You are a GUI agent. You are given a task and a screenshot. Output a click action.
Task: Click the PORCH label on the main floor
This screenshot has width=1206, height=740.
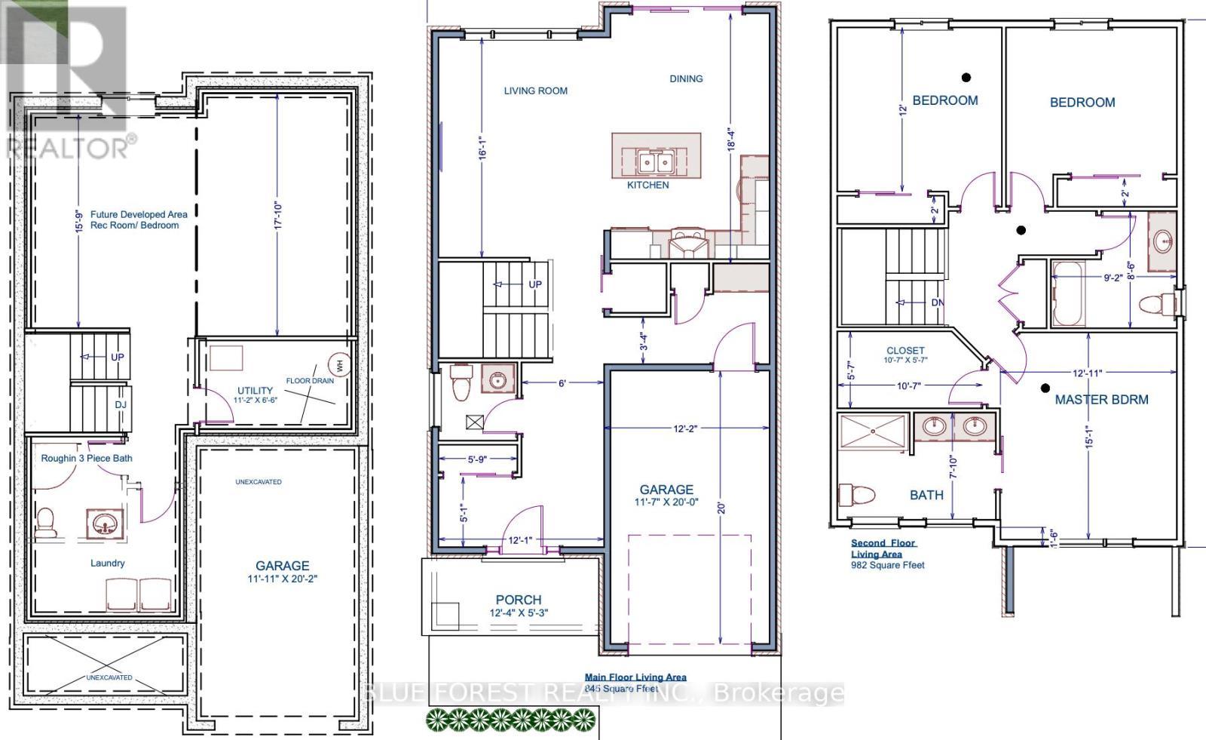click(518, 600)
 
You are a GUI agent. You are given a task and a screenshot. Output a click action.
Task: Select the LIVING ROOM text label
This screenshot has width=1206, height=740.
click(535, 91)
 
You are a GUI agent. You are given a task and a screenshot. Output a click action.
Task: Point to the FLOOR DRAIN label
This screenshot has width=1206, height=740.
click(309, 381)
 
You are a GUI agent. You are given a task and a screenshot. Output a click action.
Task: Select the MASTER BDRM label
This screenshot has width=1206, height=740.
click(1101, 399)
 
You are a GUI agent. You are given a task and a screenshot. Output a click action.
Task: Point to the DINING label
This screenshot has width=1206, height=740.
click(686, 78)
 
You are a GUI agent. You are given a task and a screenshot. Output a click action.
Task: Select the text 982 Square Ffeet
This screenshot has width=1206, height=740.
click(887, 565)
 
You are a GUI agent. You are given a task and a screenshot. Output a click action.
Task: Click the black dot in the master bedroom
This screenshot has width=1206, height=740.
click(1045, 388)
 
